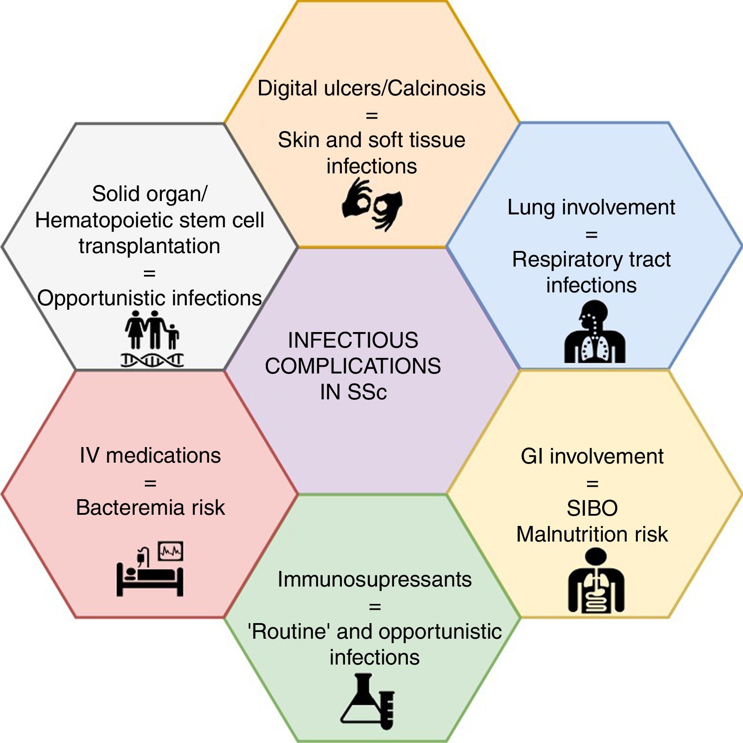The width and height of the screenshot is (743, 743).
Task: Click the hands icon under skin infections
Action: point(372,205)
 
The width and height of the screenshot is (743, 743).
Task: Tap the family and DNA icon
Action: point(152,339)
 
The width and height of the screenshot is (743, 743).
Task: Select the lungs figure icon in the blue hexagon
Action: point(595,332)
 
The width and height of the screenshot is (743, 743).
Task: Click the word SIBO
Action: point(592,509)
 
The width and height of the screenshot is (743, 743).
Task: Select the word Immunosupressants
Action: point(374,579)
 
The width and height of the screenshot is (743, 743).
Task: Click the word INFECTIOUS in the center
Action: point(353,341)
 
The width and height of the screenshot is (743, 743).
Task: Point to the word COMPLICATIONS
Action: point(353,366)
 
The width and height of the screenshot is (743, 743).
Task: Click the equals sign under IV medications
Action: point(150,483)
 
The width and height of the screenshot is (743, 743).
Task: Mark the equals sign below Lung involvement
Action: point(591,234)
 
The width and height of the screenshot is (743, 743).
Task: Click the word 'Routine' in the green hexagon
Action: point(289,632)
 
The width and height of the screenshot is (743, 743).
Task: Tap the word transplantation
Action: point(150,246)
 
